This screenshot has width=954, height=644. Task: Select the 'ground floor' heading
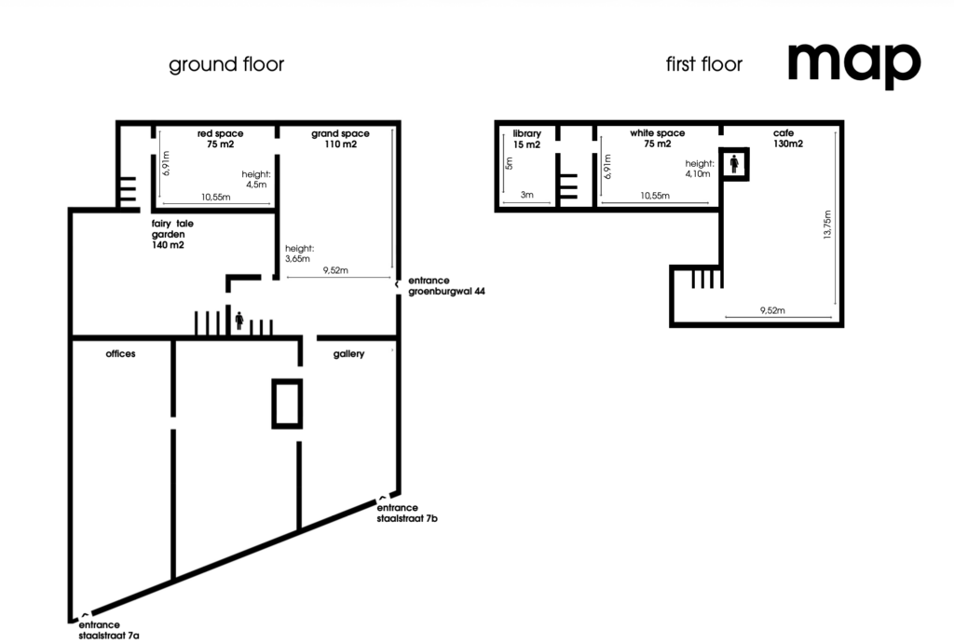pyautogui.click(x=226, y=64)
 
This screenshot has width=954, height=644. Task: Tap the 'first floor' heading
pyautogui.click(x=704, y=64)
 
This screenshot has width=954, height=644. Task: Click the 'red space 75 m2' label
pyautogui.click(x=220, y=139)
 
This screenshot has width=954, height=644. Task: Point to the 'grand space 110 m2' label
pyautogui.click(x=340, y=139)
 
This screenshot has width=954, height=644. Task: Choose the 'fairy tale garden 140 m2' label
pyautogui.click(x=172, y=234)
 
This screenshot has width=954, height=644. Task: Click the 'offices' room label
pyautogui.click(x=120, y=353)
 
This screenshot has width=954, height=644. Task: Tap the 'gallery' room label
pyautogui.click(x=348, y=354)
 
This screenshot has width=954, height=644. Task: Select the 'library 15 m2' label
pyautogui.click(x=526, y=139)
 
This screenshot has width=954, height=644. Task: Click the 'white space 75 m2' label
pyautogui.click(x=657, y=138)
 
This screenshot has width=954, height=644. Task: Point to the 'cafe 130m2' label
pyautogui.click(x=788, y=138)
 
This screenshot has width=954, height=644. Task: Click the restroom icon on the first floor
pyautogui.click(x=734, y=164)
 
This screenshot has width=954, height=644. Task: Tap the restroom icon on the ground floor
pyautogui.click(x=239, y=321)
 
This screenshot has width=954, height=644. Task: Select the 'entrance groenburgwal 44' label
pyautogui.click(x=446, y=286)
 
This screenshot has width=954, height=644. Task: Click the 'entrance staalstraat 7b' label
pyautogui.click(x=407, y=514)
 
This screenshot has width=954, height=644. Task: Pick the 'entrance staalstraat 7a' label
pyautogui.click(x=109, y=630)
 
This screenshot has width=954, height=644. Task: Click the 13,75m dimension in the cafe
pyautogui.click(x=827, y=225)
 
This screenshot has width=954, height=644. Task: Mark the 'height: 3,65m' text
pyautogui.click(x=299, y=253)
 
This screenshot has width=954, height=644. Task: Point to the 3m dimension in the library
pyautogui.click(x=527, y=195)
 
